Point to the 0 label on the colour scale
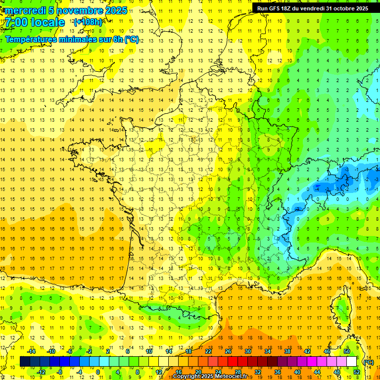(x=97, y=372)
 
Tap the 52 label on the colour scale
(x=357, y=372)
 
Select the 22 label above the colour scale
(x=208, y=351)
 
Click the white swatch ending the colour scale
(x=352, y=362)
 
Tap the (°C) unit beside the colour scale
(x=369, y=362)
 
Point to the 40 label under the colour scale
(x=297, y=372)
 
